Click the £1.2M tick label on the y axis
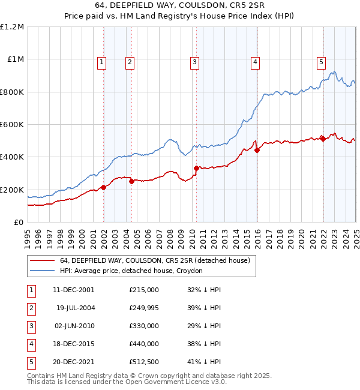tap(12, 27)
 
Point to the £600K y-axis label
tap(12, 125)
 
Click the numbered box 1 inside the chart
tap(102, 61)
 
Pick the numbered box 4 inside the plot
tap(255, 61)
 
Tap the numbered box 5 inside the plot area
tap(322, 61)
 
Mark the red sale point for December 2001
tap(104, 187)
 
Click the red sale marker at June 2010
tap(196, 168)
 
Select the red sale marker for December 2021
tap(323, 139)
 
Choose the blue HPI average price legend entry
tap(131, 271)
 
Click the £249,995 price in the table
tap(144, 308)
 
